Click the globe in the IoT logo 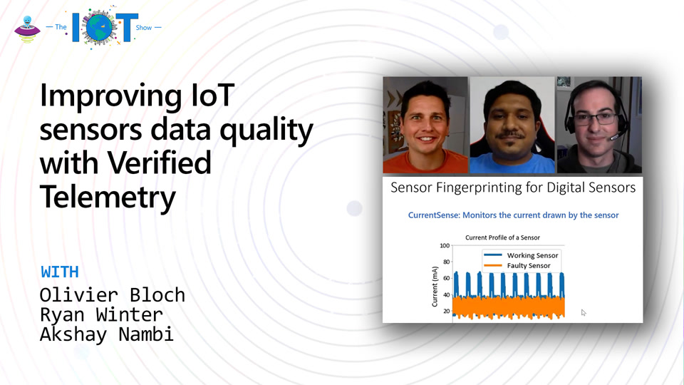pos(100,27)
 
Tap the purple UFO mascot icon pos(27,29)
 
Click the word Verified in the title pos(159,163)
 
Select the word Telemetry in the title pos(108,197)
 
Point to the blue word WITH pos(60,272)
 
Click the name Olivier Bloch pos(113,295)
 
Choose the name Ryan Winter pos(101,314)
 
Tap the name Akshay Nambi pos(107,334)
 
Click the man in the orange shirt pos(425,127)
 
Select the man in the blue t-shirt pos(512,128)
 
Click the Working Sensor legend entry pos(522,255)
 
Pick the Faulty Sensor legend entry pos(517,265)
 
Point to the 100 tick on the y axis pos(445,246)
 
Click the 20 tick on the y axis pos(446,312)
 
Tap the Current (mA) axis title pos(435,287)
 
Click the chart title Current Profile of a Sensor pos(502,237)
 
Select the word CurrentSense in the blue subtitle pos(433,215)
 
